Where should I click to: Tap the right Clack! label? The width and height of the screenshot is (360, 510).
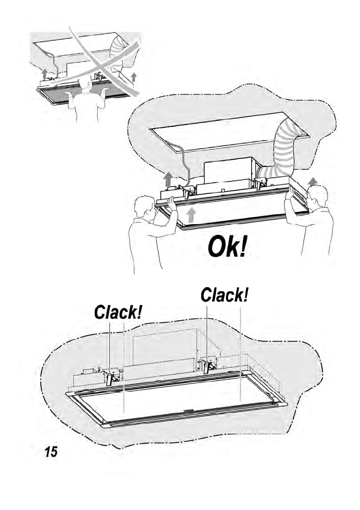(x=225, y=295)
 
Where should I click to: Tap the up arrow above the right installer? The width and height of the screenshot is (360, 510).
(x=313, y=181)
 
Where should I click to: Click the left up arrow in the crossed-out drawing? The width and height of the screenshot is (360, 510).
(x=44, y=72)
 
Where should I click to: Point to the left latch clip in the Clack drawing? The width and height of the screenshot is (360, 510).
(x=110, y=378)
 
